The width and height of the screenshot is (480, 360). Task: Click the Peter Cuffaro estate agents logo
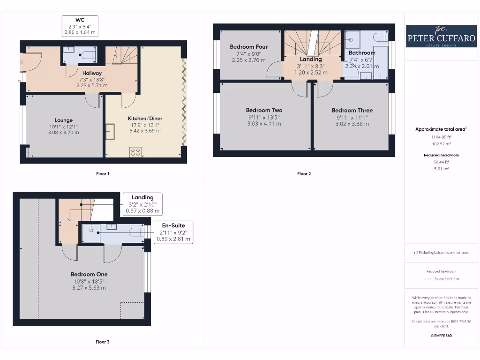pos(441,36)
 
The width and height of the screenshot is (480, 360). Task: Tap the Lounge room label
pos(63,120)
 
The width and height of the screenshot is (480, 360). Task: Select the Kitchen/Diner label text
pos(145,119)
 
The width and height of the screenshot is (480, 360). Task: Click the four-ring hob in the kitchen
pos(135,152)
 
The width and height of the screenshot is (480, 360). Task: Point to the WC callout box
pos(80,26)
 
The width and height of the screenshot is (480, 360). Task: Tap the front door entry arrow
pos(21,62)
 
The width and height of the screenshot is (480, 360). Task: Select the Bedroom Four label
pos(248,47)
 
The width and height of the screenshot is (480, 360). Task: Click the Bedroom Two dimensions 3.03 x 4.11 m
pos(264,124)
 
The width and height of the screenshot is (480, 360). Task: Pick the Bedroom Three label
pos(352,111)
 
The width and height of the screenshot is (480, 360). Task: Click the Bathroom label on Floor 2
pos(362,52)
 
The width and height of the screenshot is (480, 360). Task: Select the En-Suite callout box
pos(173,232)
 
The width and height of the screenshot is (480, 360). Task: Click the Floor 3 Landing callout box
pos(142,204)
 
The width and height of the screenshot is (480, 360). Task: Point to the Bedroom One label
pos(89,275)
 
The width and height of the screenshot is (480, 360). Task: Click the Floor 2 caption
pos(304,174)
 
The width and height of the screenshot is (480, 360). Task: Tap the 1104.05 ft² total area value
pos(441,137)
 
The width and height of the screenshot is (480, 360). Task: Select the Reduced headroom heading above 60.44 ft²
pos(441,155)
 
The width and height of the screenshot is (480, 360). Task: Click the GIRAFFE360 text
pos(441,336)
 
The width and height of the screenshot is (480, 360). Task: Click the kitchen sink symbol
pos(110,131)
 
